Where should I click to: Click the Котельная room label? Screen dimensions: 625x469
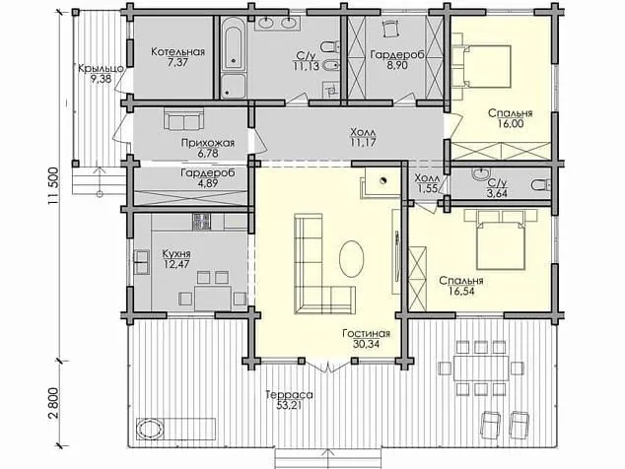pyautogui.click(x=177, y=52)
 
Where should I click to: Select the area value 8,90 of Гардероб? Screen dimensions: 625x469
pyautogui.click(x=396, y=65)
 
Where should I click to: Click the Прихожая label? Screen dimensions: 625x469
pyautogui.click(x=208, y=143)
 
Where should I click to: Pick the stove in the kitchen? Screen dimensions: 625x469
pyautogui.click(x=201, y=222)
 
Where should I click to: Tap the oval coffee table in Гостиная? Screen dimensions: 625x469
pyautogui.click(x=351, y=258)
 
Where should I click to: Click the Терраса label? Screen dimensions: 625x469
pyautogui.click(x=290, y=395)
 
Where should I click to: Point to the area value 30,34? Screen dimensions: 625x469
pyautogui.click(x=366, y=344)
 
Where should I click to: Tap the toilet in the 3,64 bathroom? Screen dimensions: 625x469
pyautogui.click(x=540, y=185)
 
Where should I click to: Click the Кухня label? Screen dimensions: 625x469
pyautogui.click(x=176, y=254)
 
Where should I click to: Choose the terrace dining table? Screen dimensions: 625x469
pyautogui.click(x=481, y=368)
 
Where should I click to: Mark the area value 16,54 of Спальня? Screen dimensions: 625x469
pyautogui.click(x=461, y=292)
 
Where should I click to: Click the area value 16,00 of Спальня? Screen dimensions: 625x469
pyautogui.click(x=511, y=124)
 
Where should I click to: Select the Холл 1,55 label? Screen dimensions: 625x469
pyautogui.click(x=427, y=183)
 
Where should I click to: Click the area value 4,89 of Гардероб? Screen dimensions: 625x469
pyautogui.click(x=208, y=183)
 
